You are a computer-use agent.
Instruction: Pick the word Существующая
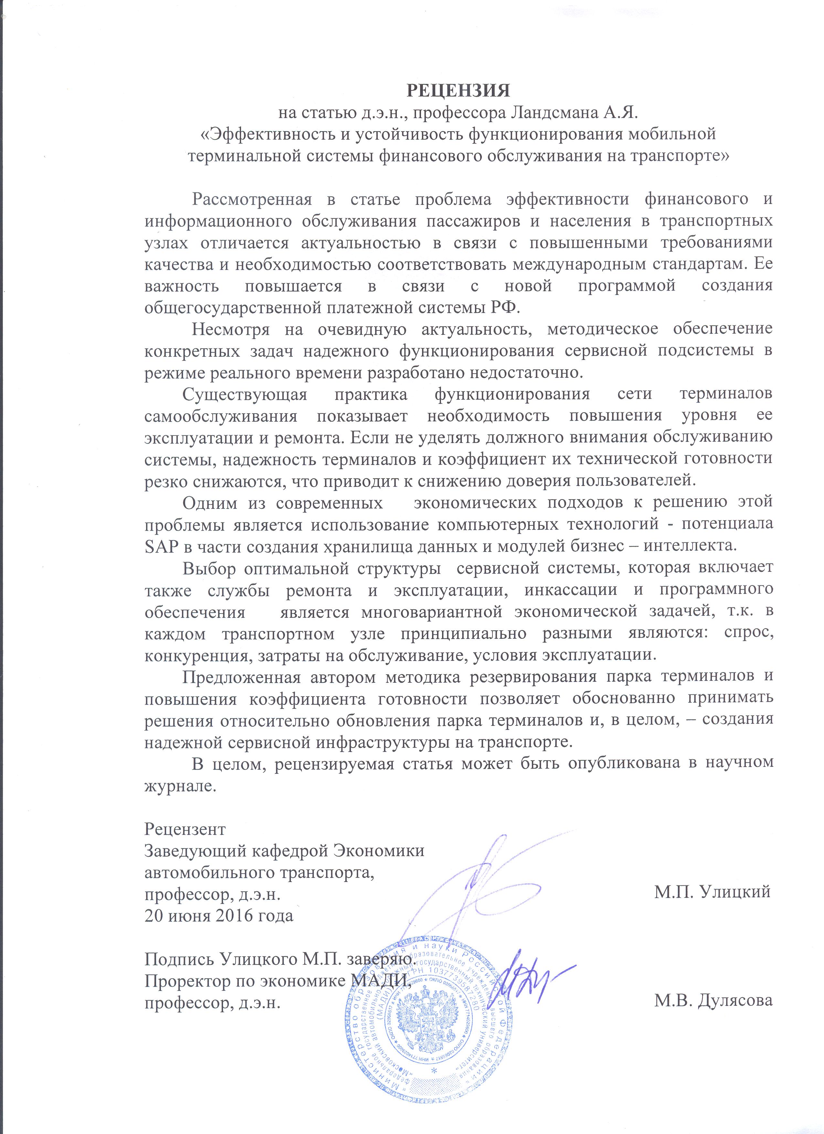pos(244,394)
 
